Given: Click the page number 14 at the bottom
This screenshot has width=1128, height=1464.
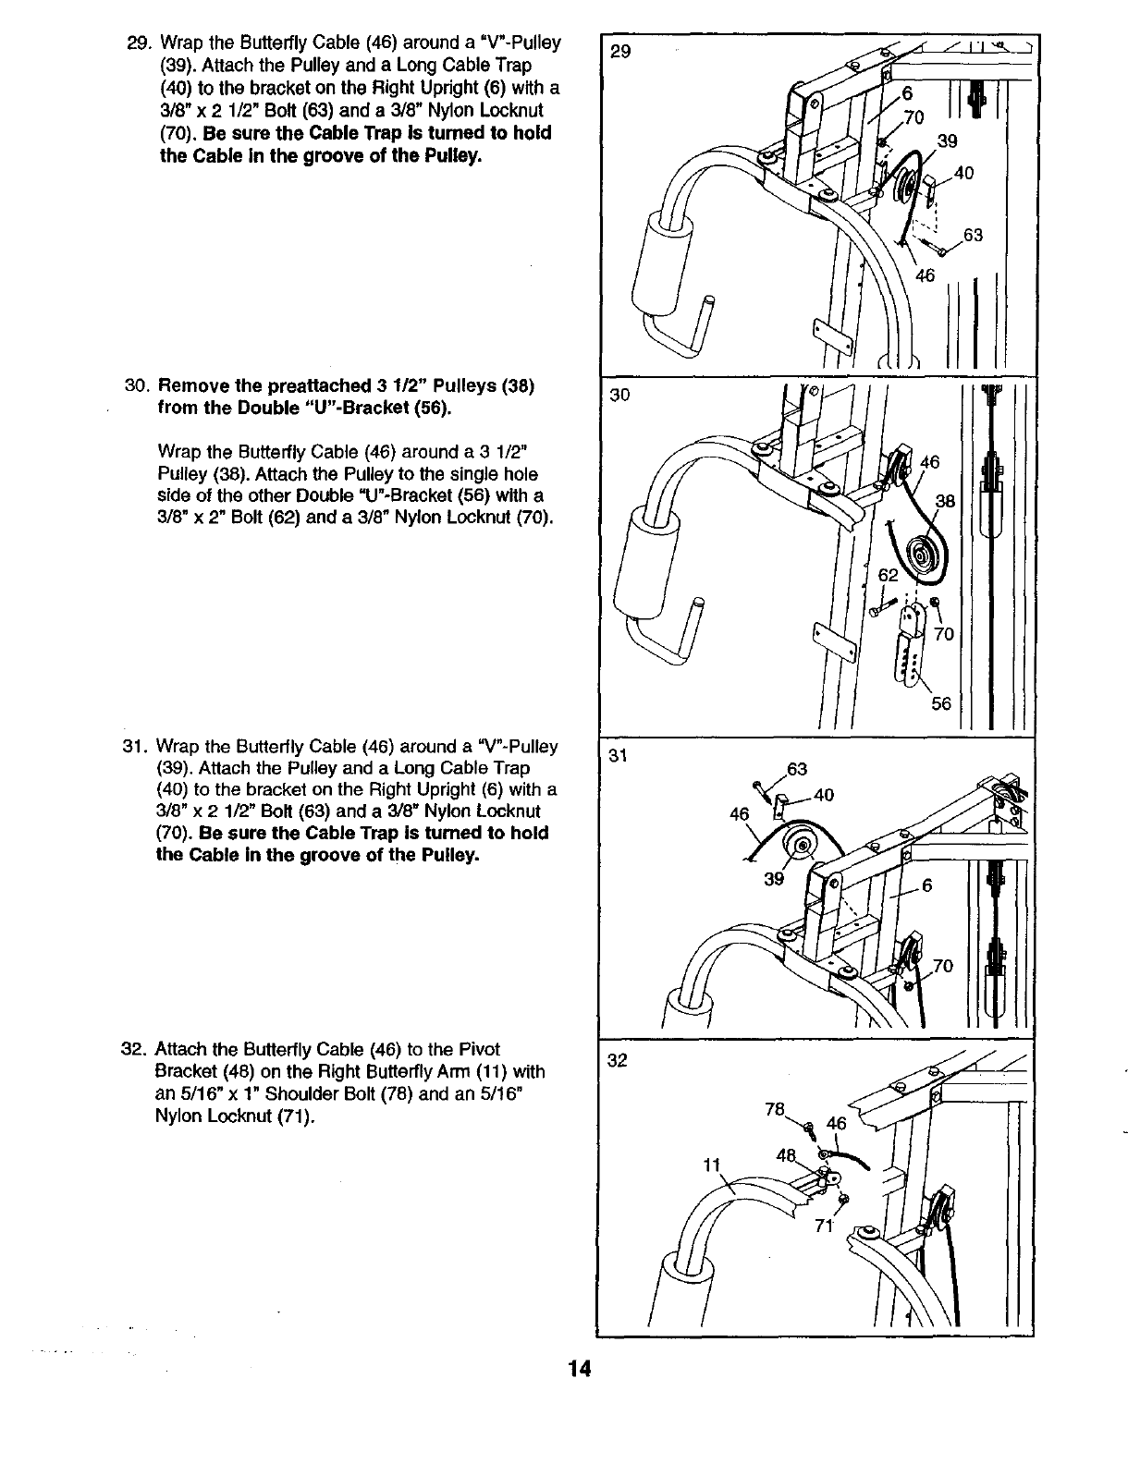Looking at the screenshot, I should click(x=580, y=1368).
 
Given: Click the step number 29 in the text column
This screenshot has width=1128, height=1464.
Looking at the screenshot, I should click(x=138, y=43).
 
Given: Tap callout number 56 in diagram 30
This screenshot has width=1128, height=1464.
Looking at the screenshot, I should click(x=940, y=703).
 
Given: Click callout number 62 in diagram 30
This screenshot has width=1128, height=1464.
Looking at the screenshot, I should click(x=888, y=575).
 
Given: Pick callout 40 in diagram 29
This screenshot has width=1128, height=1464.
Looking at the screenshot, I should click(x=963, y=173).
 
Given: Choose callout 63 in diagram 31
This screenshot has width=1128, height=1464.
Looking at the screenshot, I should click(x=797, y=769).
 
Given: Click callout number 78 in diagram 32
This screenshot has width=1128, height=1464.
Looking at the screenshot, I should click(x=775, y=1109).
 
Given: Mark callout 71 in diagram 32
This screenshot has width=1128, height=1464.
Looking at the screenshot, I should click(x=823, y=1226).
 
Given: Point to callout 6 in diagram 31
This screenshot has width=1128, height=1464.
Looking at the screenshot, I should click(x=927, y=884).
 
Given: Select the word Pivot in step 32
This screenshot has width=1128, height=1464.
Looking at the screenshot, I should click(x=481, y=1049).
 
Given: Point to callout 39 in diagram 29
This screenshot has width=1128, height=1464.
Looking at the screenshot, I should click(x=947, y=140).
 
